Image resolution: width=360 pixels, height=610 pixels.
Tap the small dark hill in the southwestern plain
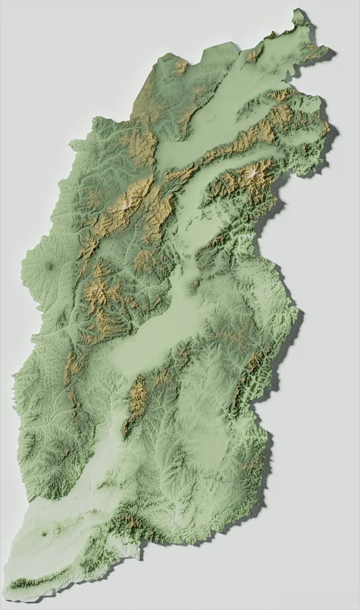pyautogui.click(x=44, y=534)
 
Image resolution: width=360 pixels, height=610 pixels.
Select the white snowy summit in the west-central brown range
pyautogui.click(x=127, y=205)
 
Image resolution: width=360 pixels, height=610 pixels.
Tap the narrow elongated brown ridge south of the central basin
pyautogui.click(x=138, y=400)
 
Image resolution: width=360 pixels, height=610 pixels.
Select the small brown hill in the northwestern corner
pyautogui.click(x=180, y=66)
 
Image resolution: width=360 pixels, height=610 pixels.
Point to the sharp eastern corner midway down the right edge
pyautogui.click(x=298, y=312)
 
